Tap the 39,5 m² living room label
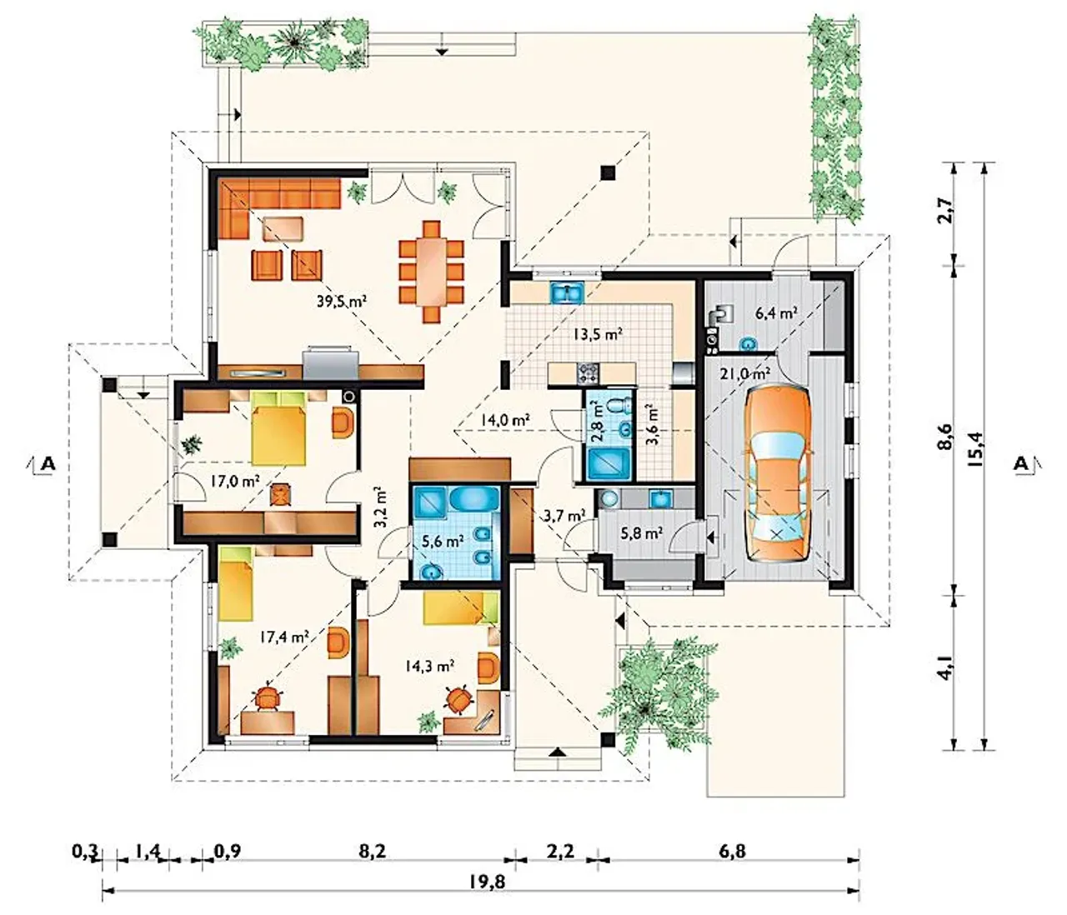[341, 301]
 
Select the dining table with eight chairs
[432, 272]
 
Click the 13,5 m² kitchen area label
[597, 333]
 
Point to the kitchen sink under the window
[567, 292]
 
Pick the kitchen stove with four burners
[587, 373]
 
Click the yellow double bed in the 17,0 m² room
[278, 428]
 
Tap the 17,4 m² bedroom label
[284, 637]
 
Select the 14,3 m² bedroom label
[429, 667]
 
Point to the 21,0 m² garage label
[745, 373]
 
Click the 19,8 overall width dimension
[488, 882]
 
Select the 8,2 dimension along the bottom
[372, 851]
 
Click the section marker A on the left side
[48, 463]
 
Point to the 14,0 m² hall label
[505, 419]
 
